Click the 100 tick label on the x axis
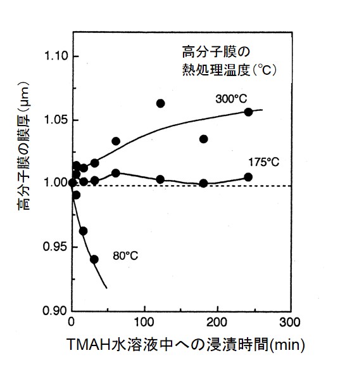click(145, 322)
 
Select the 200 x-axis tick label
click(218, 322)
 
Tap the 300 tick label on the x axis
click(291, 322)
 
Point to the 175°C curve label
click(265, 162)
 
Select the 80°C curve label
click(126, 255)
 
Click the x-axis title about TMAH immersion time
click(186, 345)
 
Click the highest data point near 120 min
click(160, 103)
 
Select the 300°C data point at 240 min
click(248, 112)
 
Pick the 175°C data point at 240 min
click(248, 177)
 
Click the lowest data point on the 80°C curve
click(94, 259)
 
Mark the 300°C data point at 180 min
click(204, 139)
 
